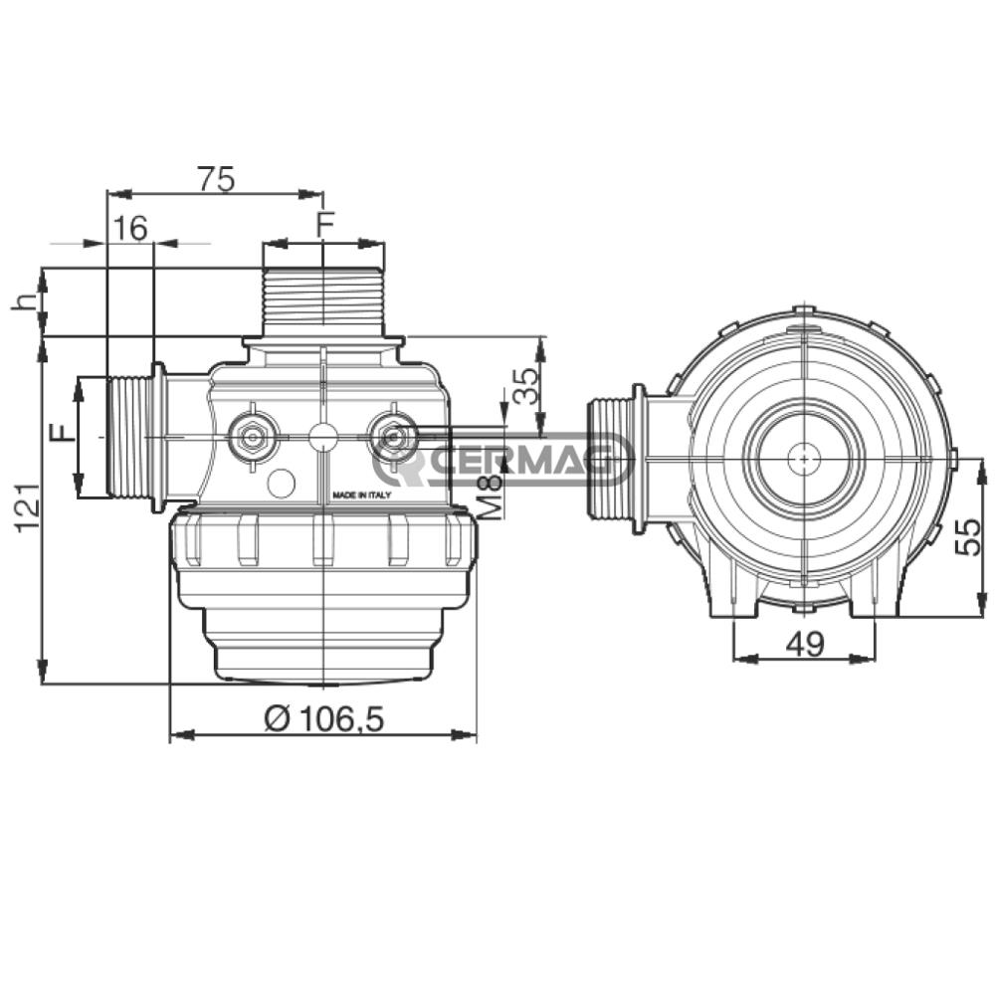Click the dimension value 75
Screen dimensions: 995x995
pos(216,179)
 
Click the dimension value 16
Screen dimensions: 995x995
pos(130,229)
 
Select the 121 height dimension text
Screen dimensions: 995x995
pos(27,508)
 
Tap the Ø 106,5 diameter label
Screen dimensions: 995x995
pos(324,719)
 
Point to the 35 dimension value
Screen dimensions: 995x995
pos(526,386)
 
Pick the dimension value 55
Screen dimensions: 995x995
pos(968,537)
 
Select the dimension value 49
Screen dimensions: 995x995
pos(805,644)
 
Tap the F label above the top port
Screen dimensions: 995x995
pos(325,225)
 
